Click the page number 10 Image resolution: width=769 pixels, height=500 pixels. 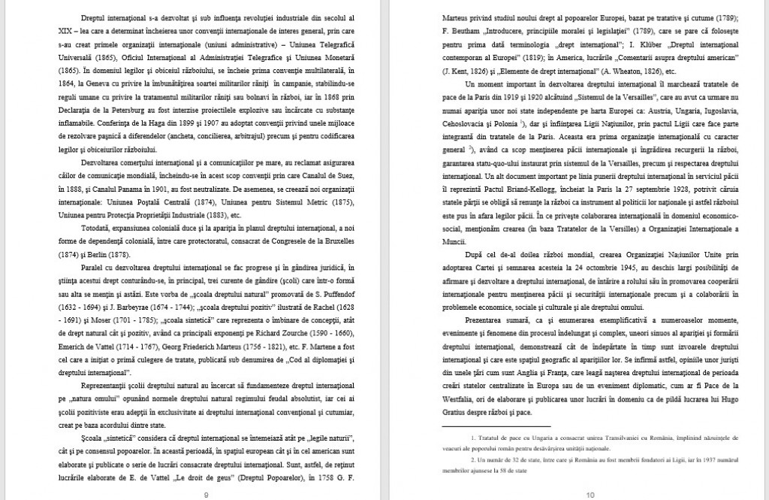tap(590, 494)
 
